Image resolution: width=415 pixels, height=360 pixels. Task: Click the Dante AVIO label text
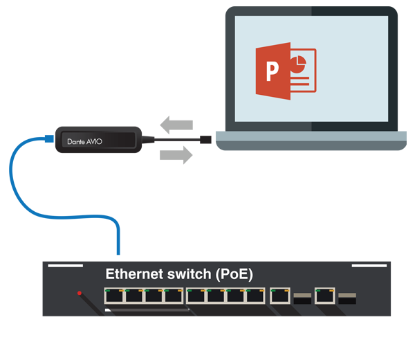tap(84, 141)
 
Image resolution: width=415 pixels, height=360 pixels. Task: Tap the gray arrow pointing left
tap(176, 125)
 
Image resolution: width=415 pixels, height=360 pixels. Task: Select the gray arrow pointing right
tap(176, 155)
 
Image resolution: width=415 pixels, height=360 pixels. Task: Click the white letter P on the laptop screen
tap(273, 71)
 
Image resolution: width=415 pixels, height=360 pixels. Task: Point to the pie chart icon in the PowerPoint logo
tap(298, 64)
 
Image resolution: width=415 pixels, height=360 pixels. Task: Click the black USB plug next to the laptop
tap(205, 139)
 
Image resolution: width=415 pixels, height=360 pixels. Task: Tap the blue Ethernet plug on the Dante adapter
tap(49, 138)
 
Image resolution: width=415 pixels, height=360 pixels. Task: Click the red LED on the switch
tap(80, 293)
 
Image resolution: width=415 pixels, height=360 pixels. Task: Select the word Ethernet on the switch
tap(134, 274)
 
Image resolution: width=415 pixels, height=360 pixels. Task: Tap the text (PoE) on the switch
tap(234, 274)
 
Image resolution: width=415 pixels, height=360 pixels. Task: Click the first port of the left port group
tap(114, 296)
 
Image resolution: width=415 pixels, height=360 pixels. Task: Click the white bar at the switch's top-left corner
tap(66, 265)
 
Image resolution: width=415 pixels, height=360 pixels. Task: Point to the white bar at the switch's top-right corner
tap(369, 265)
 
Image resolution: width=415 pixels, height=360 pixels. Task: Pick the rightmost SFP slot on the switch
tap(347, 298)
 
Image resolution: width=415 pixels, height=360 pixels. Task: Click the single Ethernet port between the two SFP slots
tap(325, 296)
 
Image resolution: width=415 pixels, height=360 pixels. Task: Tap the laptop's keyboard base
tap(311, 141)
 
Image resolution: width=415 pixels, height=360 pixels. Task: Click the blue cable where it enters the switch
tap(118, 253)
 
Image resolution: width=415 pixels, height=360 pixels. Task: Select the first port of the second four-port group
tap(196, 296)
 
